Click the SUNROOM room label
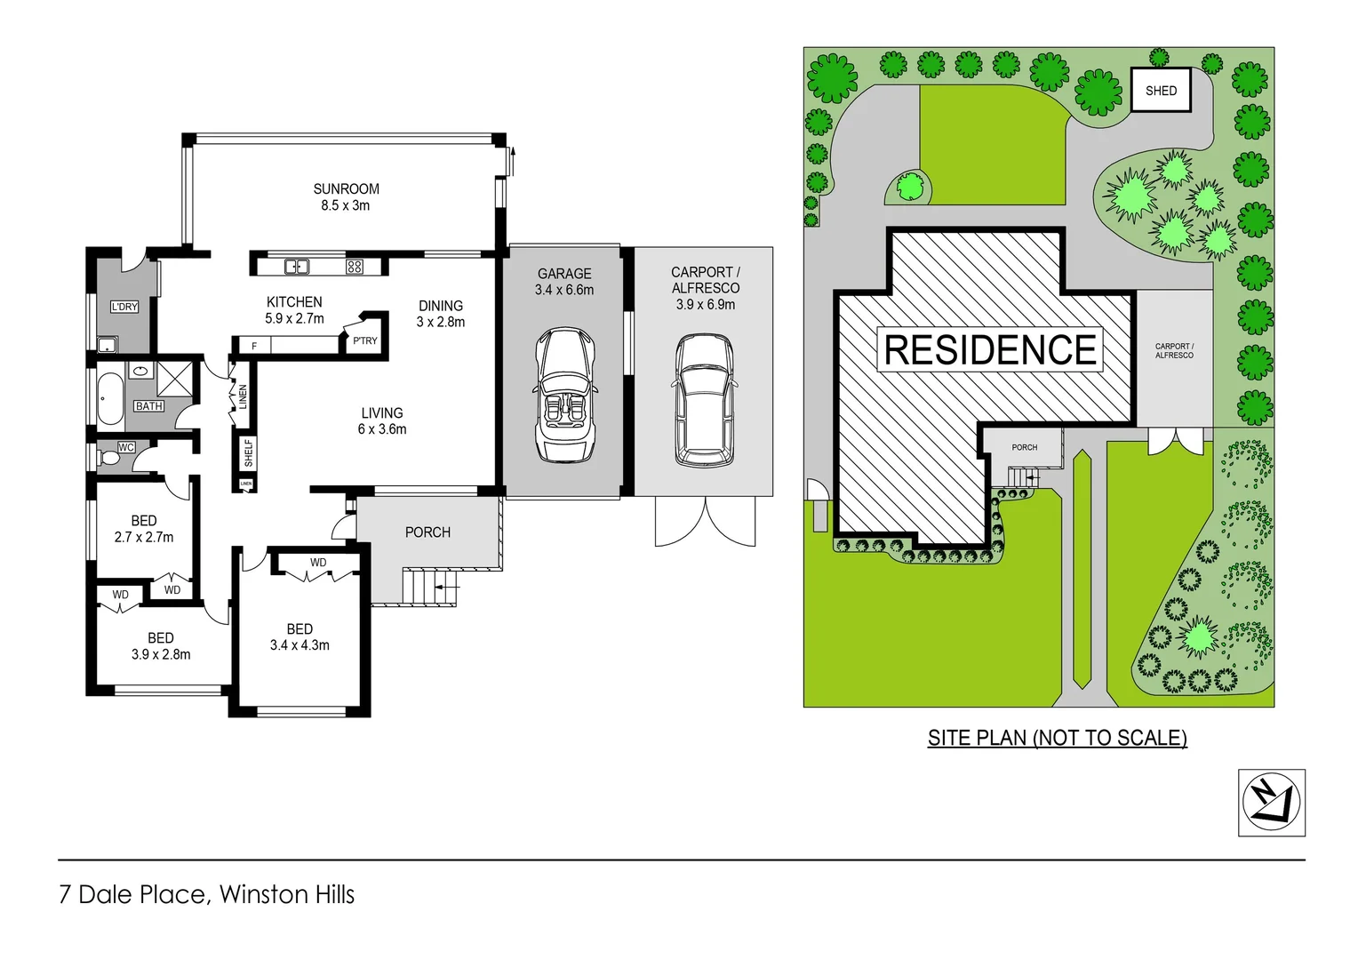tap(346, 188)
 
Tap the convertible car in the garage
tap(565, 396)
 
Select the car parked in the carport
tap(705, 400)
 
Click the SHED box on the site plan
tap(1161, 91)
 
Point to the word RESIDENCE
tap(990, 349)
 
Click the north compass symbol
tap(1271, 803)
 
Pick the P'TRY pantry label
tap(365, 340)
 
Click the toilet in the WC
tap(109, 459)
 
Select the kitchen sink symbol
tap(297, 266)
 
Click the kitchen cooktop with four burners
tap(354, 266)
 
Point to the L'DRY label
tap(124, 307)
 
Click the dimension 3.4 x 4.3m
tap(300, 645)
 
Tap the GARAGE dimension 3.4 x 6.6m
tap(564, 290)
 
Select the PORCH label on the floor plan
tap(427, 532)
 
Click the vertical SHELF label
tap(248, 452)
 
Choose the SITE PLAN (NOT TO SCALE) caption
tap(1057, 738)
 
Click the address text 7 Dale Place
tap(132, 894)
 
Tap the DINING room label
tap(441, 306)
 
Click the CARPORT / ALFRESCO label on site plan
tap(1174, 351)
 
